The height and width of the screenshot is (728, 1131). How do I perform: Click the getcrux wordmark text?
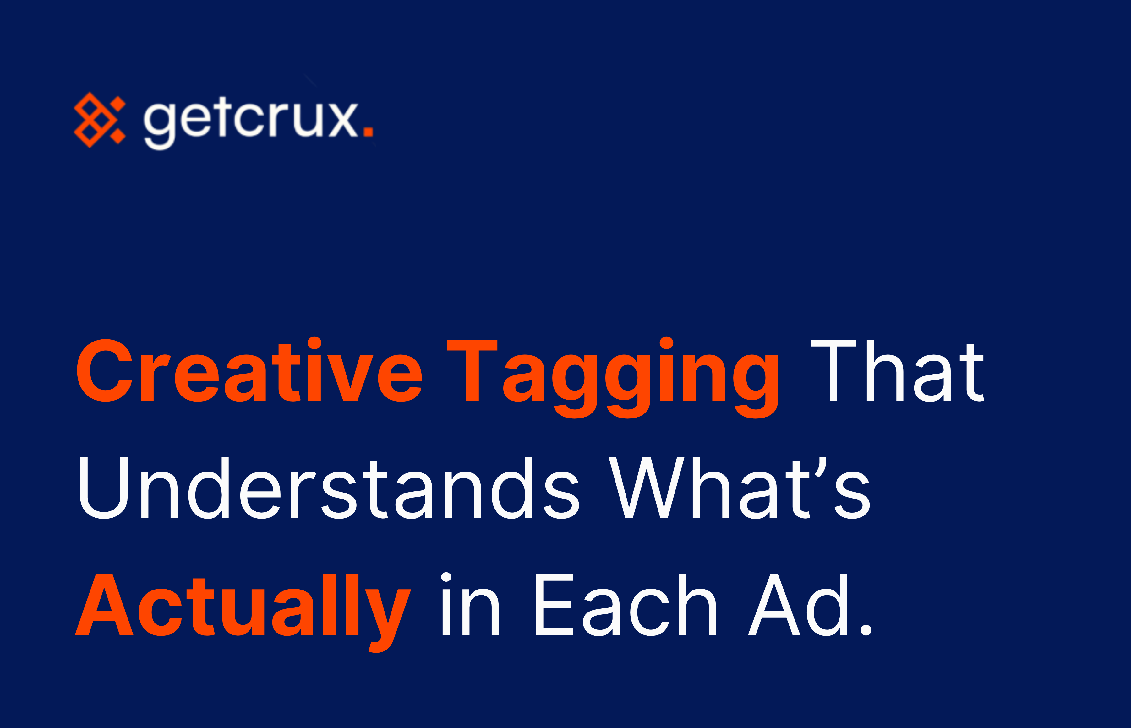pyautogui.click(x=251, y=121)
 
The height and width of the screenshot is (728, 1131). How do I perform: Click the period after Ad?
pyautogui.click(x=866, y=630)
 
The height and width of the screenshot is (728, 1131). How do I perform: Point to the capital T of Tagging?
pyautogui.click(x=472, y=370)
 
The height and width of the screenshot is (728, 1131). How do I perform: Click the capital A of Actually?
pyautogui.click(x=104, y=605)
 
